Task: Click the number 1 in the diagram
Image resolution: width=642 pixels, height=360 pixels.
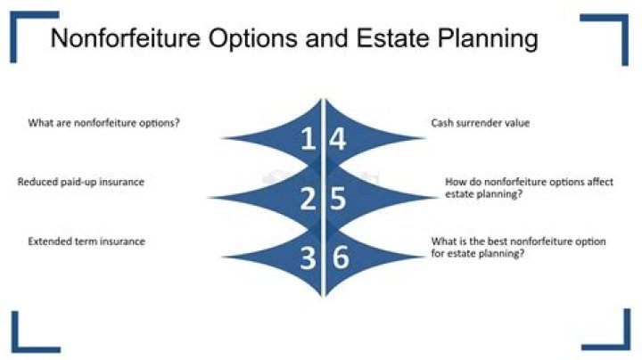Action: (x=307, y=141)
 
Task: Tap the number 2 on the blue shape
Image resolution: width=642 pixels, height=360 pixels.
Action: (x=308, y=199)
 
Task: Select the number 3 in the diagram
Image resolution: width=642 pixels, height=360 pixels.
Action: (x=308, y=258)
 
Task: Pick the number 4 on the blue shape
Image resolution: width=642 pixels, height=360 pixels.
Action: (x=337, y=141)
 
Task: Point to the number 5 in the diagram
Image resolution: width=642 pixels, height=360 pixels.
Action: (x=337, y=199)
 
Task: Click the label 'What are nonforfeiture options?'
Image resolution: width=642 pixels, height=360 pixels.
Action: (x=103, y=123)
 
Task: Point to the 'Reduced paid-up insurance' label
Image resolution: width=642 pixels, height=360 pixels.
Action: (x=81, y=182)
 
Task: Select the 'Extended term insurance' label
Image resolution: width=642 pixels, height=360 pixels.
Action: (x=86, y=241)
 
